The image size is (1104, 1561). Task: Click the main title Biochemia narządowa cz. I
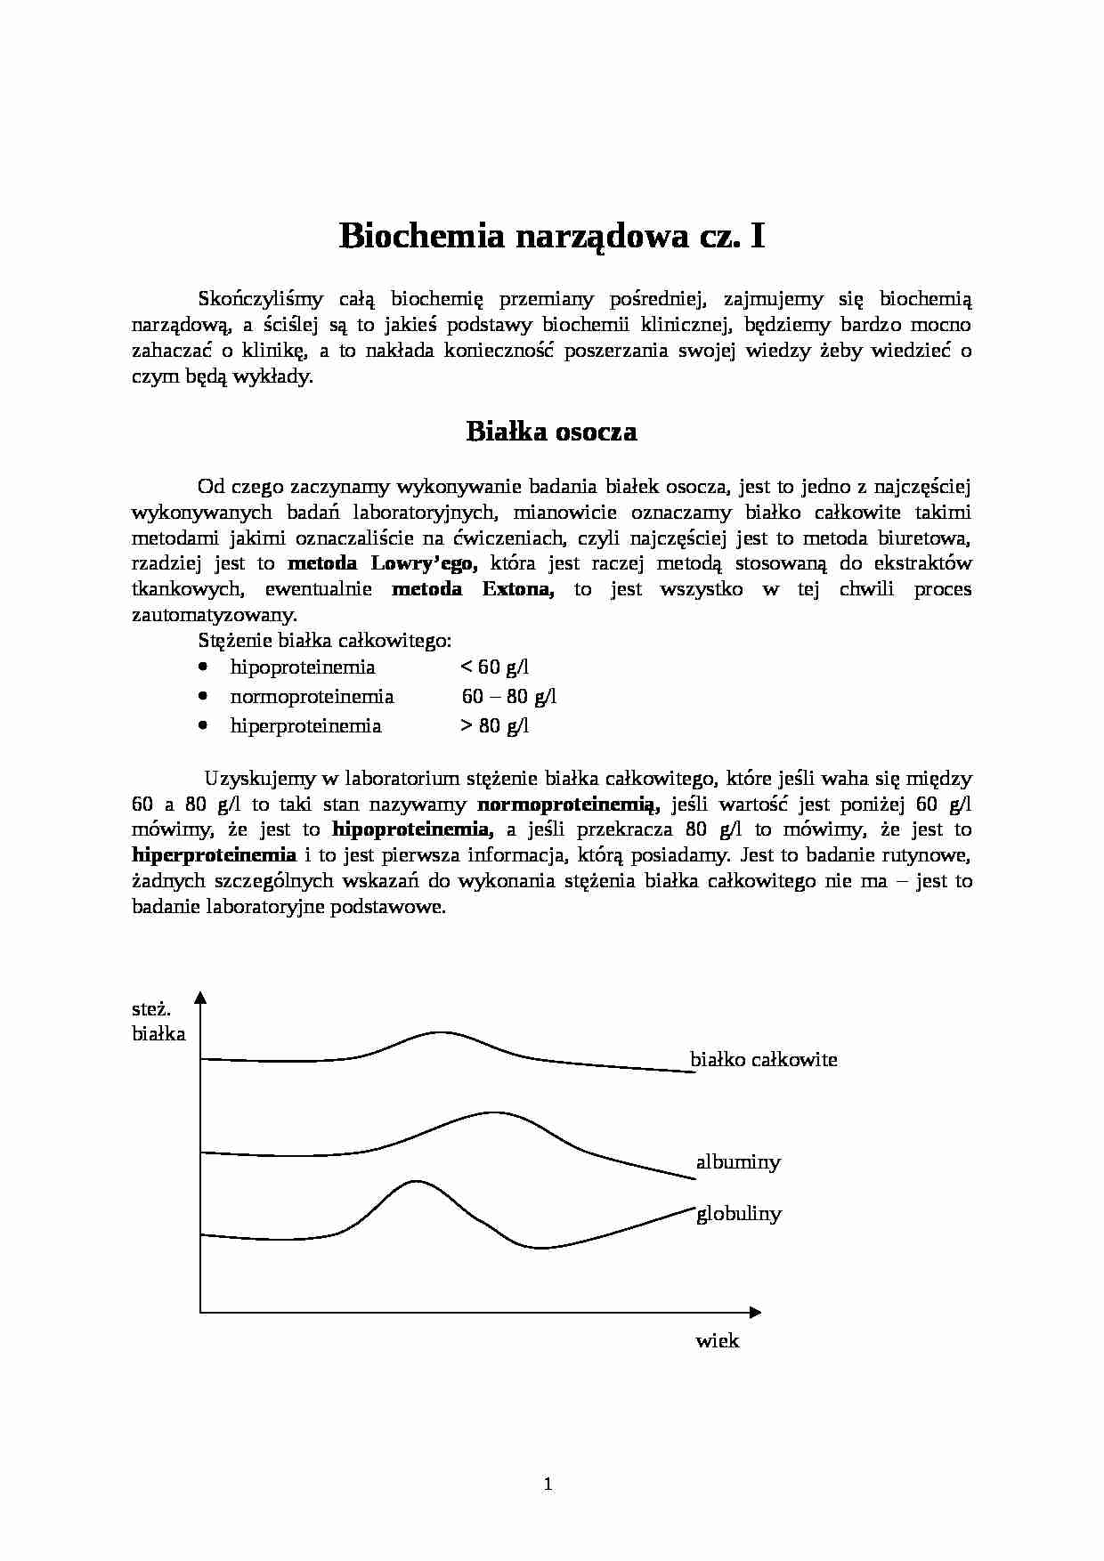551,238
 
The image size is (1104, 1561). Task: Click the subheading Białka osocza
551,432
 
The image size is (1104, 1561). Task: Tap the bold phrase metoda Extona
473,589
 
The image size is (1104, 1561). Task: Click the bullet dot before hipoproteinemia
205,667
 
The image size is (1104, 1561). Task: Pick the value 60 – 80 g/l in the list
508,696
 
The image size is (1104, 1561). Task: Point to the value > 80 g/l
494,725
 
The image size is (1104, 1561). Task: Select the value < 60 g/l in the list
494,667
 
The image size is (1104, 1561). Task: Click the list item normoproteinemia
312,696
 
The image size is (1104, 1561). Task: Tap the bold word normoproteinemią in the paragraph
568,805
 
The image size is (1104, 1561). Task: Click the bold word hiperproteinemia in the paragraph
214,855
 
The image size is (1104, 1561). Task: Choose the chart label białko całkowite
764,1059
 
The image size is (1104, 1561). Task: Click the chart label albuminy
738,1161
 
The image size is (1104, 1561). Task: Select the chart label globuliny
739,1213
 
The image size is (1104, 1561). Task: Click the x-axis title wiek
718,1340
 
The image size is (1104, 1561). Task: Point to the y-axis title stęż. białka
158,1022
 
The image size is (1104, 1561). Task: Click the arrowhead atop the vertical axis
200,997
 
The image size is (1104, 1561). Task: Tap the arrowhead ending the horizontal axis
755,1312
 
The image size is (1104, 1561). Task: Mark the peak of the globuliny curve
415,1181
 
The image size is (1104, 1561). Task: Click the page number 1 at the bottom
548,1484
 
